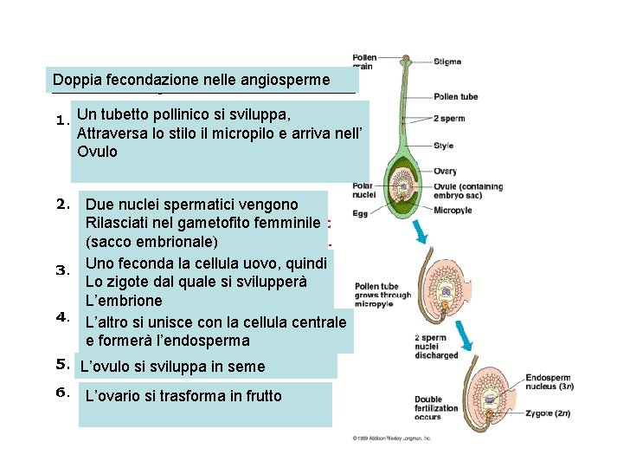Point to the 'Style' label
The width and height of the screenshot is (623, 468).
(444, 145)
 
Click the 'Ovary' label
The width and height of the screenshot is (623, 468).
(446, 171)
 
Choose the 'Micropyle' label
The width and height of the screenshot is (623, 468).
(453, 210)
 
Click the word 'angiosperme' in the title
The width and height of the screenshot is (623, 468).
(286, 80)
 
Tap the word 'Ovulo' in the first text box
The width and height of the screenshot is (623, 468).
(96, 152)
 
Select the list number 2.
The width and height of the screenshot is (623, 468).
(62, 205)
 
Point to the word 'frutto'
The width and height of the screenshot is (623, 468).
(261, 396)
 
